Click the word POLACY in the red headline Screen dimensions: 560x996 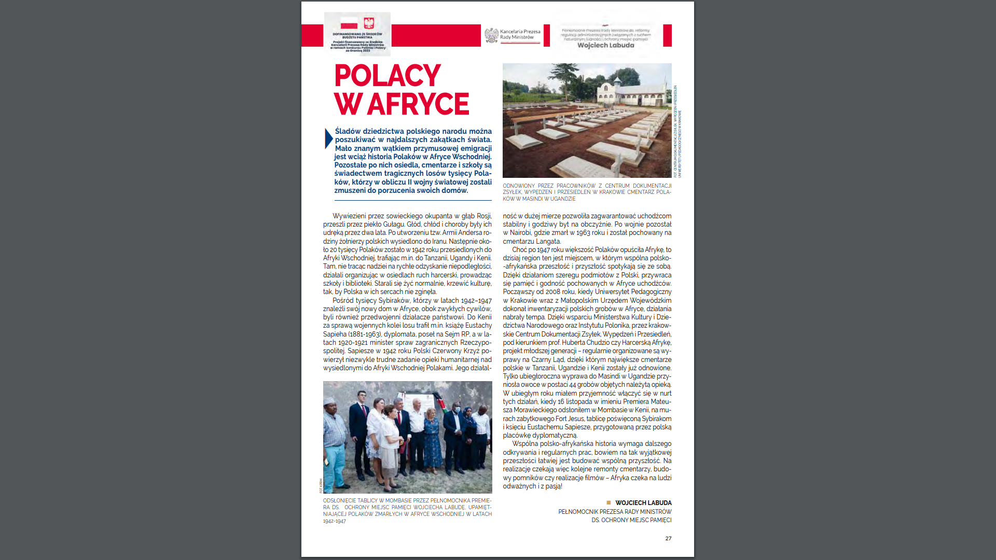pos(388,76)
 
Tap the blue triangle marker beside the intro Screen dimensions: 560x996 pos(328,138)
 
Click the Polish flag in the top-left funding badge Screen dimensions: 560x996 pos(349,24)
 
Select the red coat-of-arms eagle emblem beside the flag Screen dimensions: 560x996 pos(369,23)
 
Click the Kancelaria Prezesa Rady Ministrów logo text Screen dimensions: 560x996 pos(520,34)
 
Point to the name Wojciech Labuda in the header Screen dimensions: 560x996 pos(605,45)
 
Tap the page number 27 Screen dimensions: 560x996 pos(668,538)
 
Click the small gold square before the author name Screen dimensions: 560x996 pos(608,502)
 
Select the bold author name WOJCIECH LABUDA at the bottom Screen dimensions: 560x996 pos(643,502)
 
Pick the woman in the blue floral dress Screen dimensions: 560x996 pos(432,441)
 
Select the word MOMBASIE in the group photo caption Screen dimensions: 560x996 pos(398,500)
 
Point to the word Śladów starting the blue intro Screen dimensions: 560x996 pos(348,131)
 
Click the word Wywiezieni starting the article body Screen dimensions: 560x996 pos(349,216)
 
